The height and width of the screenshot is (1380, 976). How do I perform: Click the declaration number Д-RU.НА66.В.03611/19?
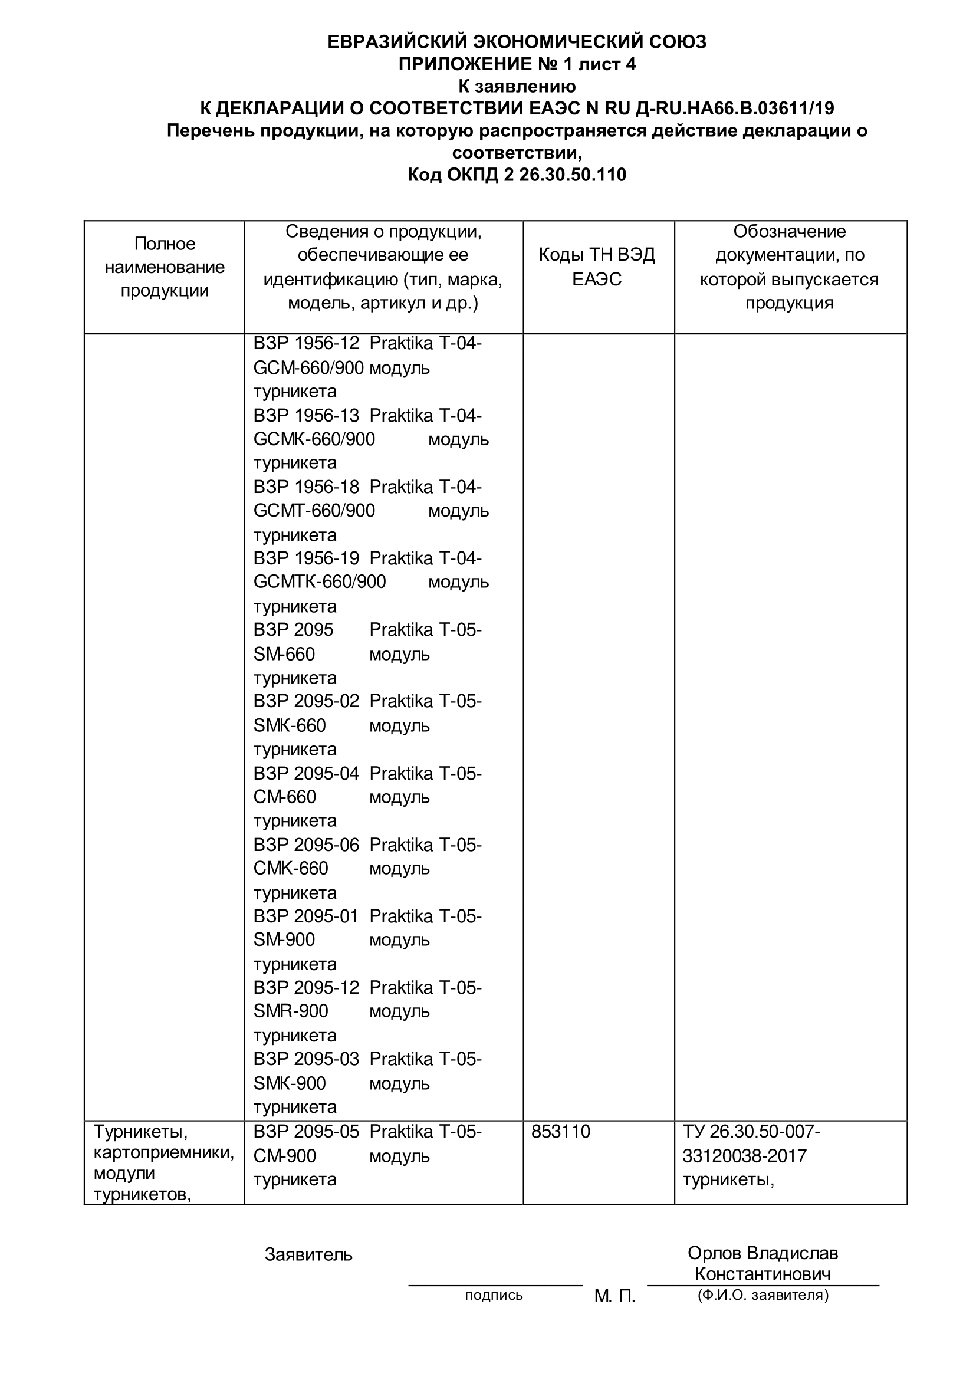coord(733,108)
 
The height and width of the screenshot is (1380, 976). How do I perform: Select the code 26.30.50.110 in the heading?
coord(572,175)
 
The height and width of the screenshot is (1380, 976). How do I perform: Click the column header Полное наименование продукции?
coord(165,267)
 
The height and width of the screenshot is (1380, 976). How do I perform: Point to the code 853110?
coord(561,1132)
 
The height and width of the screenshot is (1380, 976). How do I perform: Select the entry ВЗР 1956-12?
coord(306,344)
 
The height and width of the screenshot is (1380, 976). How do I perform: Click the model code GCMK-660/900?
coord(314,439)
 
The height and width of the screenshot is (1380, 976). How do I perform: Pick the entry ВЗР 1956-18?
coord(306,487)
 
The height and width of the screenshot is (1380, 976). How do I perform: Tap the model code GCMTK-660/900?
coord(319,582)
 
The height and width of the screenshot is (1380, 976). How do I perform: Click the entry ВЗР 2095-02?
coord(306,701)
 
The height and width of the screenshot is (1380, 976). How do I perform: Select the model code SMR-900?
coord(290,1011)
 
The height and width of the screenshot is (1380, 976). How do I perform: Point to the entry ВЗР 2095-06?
coord(306,845)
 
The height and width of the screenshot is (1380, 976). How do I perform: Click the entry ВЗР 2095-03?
coord(306,1059)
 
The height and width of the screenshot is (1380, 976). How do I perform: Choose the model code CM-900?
coord(284,1156)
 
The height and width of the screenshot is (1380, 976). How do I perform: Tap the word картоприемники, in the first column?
coord(163,1153)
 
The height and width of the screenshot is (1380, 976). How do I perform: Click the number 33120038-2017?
coord(744,1156)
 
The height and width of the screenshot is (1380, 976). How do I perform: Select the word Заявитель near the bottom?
coord(308,1254)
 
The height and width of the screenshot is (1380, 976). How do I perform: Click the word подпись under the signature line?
coord(494,1294)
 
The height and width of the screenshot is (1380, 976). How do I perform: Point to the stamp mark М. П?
coord(614,1296)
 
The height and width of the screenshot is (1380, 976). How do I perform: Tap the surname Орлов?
coord(715,1253)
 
